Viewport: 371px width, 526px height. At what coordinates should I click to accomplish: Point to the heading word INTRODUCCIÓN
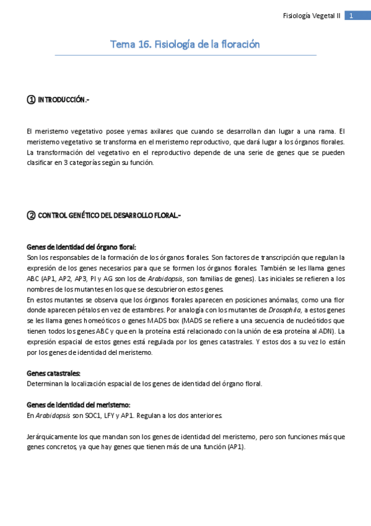tap(64, 100)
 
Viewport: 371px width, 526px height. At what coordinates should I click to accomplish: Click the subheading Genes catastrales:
tap(54, 373)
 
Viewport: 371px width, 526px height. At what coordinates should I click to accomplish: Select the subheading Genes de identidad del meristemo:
tap(79, 404)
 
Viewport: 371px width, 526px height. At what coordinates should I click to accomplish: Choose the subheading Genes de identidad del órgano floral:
tap(82, 246)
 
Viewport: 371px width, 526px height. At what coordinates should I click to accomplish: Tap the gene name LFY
tap(110, 415)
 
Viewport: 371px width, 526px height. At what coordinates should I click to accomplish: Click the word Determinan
tap(45, 383)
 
